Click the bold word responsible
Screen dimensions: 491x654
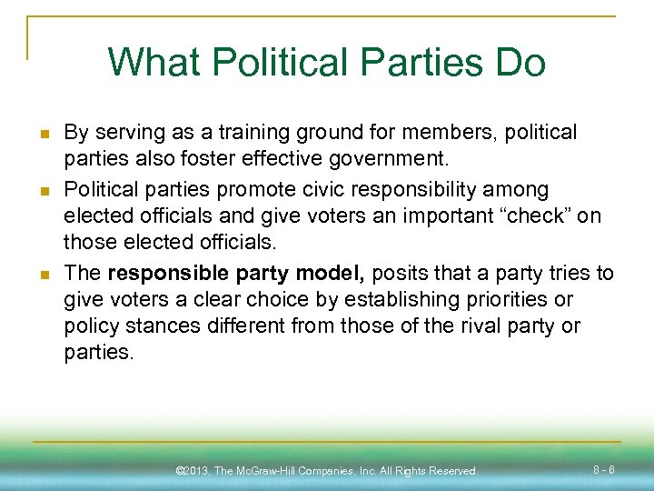168,273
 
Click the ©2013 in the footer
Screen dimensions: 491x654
193,471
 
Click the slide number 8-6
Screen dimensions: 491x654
605,470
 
